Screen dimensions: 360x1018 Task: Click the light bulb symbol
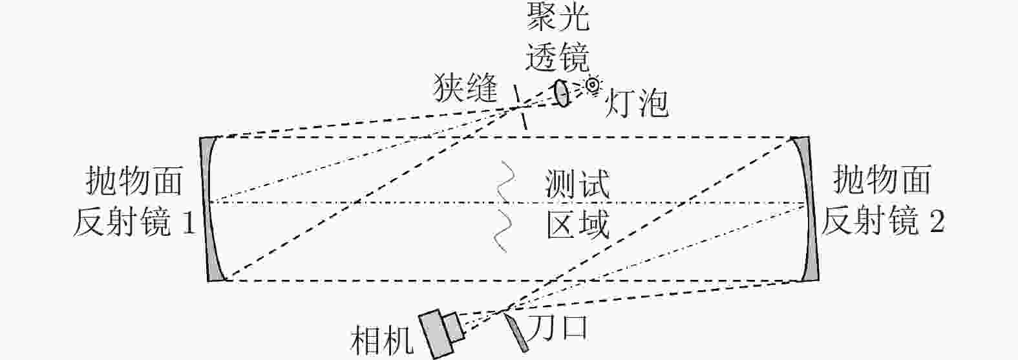591,84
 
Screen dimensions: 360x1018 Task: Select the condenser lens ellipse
562,94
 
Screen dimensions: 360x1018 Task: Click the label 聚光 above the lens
558,19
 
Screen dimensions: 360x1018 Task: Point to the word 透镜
557,57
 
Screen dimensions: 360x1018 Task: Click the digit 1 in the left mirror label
187,224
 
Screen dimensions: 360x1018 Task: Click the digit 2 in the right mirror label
936,224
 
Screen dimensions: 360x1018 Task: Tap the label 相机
381,341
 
